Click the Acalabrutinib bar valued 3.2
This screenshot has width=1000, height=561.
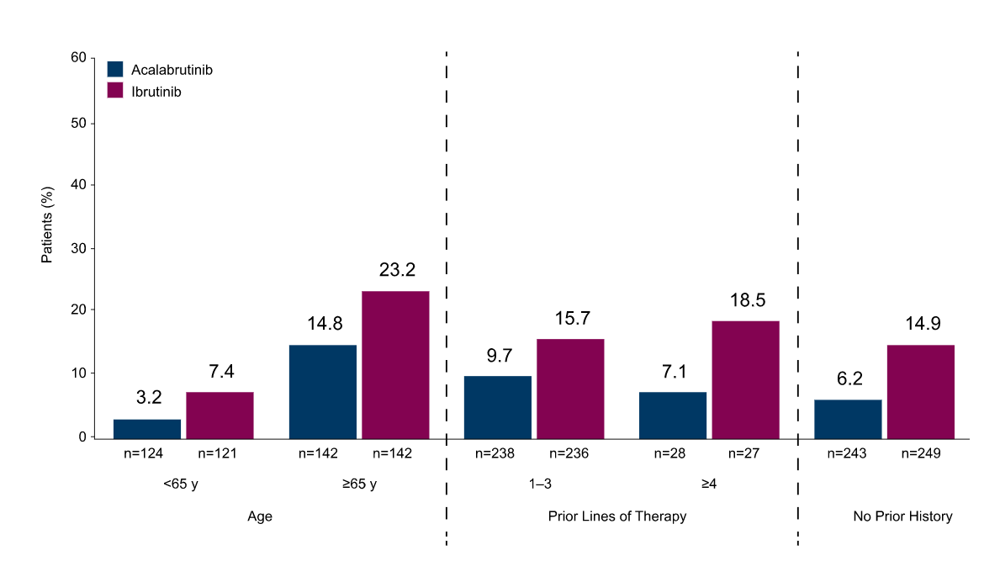147,429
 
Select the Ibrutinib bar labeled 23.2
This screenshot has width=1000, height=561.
395,365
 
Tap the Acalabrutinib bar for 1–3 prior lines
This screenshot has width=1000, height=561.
497,407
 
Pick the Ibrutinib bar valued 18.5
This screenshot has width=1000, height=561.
745,380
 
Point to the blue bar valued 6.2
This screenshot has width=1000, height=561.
848,420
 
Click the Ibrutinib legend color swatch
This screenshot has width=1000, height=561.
114,91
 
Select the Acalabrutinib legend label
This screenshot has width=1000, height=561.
172,70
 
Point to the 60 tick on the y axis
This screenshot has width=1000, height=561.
78,57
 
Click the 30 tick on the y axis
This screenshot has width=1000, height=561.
78,249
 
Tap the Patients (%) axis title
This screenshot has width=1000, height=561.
46,225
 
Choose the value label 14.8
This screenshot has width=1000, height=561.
325,323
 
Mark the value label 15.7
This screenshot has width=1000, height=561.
572,318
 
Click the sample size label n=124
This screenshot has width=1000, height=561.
144,453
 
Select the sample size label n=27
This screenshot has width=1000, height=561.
743,453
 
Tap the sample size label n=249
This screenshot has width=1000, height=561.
921,453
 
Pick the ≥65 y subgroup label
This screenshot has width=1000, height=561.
359,484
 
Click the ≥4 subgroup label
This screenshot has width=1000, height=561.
708,484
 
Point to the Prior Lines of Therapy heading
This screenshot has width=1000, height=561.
617,516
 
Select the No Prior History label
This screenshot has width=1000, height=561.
903,516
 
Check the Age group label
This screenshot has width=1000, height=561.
260,517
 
